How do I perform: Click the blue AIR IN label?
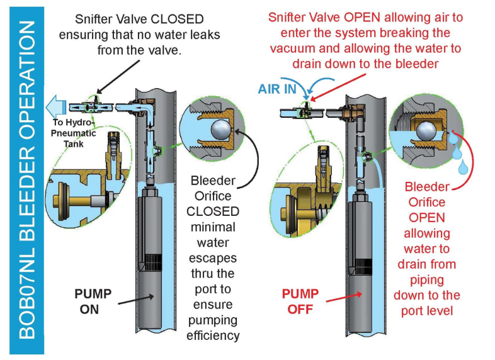(277, 89)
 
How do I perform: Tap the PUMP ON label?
(93, 301)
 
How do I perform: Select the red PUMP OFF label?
(300, 301)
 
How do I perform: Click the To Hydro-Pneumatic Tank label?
(73, 133)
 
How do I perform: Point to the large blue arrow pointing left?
(56, 107)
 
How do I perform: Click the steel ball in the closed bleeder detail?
(221, 130)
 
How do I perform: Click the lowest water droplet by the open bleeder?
(463, 167)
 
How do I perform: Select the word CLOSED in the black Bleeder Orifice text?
(213, 211)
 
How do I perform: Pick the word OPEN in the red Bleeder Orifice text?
(427, 218)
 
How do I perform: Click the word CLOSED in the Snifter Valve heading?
(177, 20)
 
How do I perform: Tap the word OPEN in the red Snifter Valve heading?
(362, 18)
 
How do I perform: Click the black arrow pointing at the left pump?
(136, 300)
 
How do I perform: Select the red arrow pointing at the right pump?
(344, 297)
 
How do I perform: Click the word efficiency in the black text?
(213, 335)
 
